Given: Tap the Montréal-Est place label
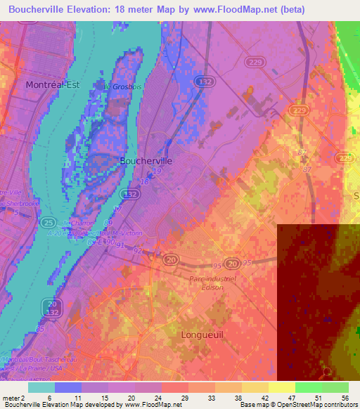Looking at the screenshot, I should [53, 84].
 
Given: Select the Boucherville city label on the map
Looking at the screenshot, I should [146, 160].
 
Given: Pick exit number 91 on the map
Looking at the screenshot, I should [120, 245].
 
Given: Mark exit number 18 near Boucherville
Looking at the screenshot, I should [144, 181].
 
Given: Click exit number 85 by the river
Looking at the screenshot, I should [40, 328].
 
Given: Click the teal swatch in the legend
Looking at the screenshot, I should [41, 387].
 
